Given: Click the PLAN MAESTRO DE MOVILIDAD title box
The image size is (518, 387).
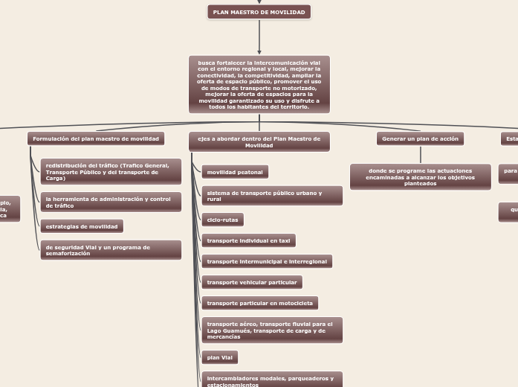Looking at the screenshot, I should coord(259,13).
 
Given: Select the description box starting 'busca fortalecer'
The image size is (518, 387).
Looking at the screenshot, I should coord(259,84).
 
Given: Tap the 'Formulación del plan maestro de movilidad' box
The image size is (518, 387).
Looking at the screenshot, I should coord(96,139).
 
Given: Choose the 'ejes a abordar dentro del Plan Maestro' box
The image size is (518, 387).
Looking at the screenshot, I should coord(259,142).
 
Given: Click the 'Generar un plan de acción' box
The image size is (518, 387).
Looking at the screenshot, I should coord(421,139).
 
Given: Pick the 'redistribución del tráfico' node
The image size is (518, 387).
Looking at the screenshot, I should coord(111,172).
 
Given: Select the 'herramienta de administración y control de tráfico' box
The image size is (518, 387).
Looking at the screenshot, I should coord(111,202).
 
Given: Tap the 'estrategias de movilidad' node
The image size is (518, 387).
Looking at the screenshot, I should coord(82,226).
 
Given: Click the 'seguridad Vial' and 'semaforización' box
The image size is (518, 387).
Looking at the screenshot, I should coord(111,250).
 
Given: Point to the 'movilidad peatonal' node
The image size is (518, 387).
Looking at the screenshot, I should coord(235,173).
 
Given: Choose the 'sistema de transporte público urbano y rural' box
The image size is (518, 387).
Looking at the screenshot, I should coord(272,196).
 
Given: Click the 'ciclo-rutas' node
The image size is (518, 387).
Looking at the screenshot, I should coord(222,220).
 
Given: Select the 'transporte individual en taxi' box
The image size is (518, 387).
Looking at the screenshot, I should coord(248,240).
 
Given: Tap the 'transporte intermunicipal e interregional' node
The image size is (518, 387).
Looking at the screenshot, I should coord(267,261).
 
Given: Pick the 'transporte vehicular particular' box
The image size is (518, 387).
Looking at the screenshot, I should coord(252,283).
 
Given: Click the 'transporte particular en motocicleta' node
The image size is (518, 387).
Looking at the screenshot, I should coord(259,303).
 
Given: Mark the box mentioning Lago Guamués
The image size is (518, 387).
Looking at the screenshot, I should coord(272,330).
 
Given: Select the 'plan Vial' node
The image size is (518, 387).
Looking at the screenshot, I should coord(219,358).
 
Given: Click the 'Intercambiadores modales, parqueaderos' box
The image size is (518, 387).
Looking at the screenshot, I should coord(272,380).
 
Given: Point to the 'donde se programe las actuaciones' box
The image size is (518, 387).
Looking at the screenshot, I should coord(421,177).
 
